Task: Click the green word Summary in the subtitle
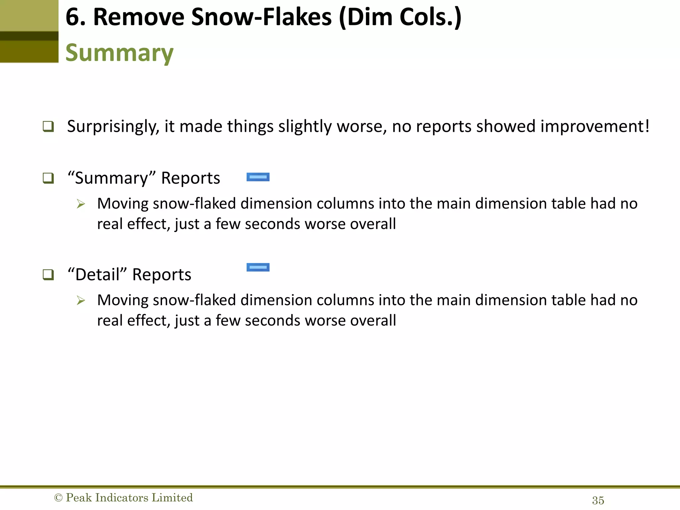click(x=119, y=53)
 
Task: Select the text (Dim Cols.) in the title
click(x=400, y=18)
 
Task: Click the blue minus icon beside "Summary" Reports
click(x=258, y=177)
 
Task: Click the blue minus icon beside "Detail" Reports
click(x=258, y=267)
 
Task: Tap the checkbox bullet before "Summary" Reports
click(x=48, y=178)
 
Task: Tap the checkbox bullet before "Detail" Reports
click(x=48, y=275)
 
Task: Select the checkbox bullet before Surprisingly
click(x=48, y=127)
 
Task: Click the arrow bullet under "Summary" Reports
click(x=81, y=204)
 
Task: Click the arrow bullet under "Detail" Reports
click(x=81, y=300)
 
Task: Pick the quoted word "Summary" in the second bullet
click(x=112, y=178)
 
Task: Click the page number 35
click(x=598, y=500)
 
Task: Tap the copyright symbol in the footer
click(x=58, y=498)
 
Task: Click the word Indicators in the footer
click(x=121, y=498)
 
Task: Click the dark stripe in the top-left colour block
click(x=29, y=36)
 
